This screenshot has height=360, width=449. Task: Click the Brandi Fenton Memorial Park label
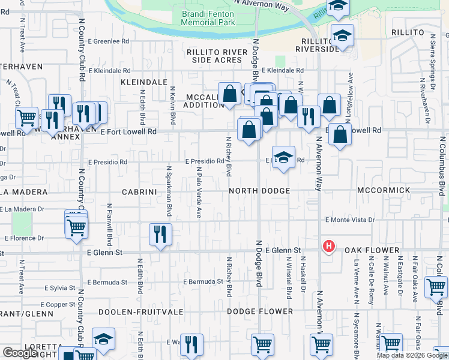click(208, 17)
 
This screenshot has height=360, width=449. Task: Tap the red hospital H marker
click(328, 246)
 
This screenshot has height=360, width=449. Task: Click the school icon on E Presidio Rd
click(283, 158)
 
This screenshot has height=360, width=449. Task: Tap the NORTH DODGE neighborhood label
click(259, 191)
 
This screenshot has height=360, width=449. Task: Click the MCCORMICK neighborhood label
click(383, 190)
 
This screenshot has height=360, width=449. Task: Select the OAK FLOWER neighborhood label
click(372, 250)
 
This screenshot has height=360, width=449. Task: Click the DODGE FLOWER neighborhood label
click(260, 311)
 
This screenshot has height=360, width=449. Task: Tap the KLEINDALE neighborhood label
click(144, 82)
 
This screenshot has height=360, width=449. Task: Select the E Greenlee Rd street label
click(109, 42)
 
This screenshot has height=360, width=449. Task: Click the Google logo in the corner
click(20, 353)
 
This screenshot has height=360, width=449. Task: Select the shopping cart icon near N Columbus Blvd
click(436, 287)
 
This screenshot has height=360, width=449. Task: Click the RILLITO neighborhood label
click(408, 32)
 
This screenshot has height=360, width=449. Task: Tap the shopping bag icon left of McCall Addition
click(229, 94)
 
